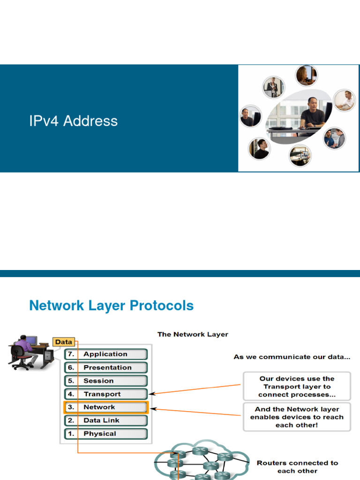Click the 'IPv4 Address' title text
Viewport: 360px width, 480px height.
pos(73,121)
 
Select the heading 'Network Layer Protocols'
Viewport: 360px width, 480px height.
pos(111,306)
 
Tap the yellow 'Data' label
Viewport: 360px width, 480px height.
pos(63,342)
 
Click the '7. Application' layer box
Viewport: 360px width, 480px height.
pos(106,354)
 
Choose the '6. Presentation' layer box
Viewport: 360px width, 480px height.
pos(106,367)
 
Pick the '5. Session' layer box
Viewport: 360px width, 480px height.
pos(106,381)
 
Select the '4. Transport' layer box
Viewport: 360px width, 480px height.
pos(106,394)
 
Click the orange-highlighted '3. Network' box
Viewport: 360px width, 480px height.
pos(106,407)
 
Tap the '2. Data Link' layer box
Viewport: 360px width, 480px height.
pos(106,420)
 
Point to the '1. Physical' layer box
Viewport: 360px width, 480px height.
pos(106,434)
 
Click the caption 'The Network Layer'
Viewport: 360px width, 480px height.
pos(193,334)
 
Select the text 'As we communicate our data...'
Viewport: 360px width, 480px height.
pos(292,357)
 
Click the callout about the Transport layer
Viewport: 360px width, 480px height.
pos(297,387)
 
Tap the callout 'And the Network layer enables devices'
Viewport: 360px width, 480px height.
pos(297,417)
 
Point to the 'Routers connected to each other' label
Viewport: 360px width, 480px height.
pos(297,466)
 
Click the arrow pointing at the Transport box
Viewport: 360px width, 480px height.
pos(197,390)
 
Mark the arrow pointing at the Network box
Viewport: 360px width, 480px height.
pos(197,413)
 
